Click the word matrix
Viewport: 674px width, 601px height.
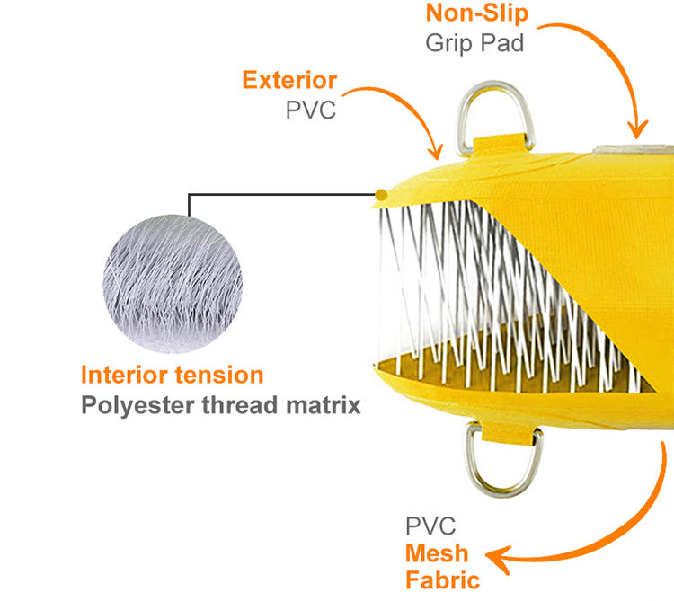[323, 404]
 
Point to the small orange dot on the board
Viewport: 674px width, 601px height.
[381, 194]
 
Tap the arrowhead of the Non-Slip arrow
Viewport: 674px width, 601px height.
[638, 135]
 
